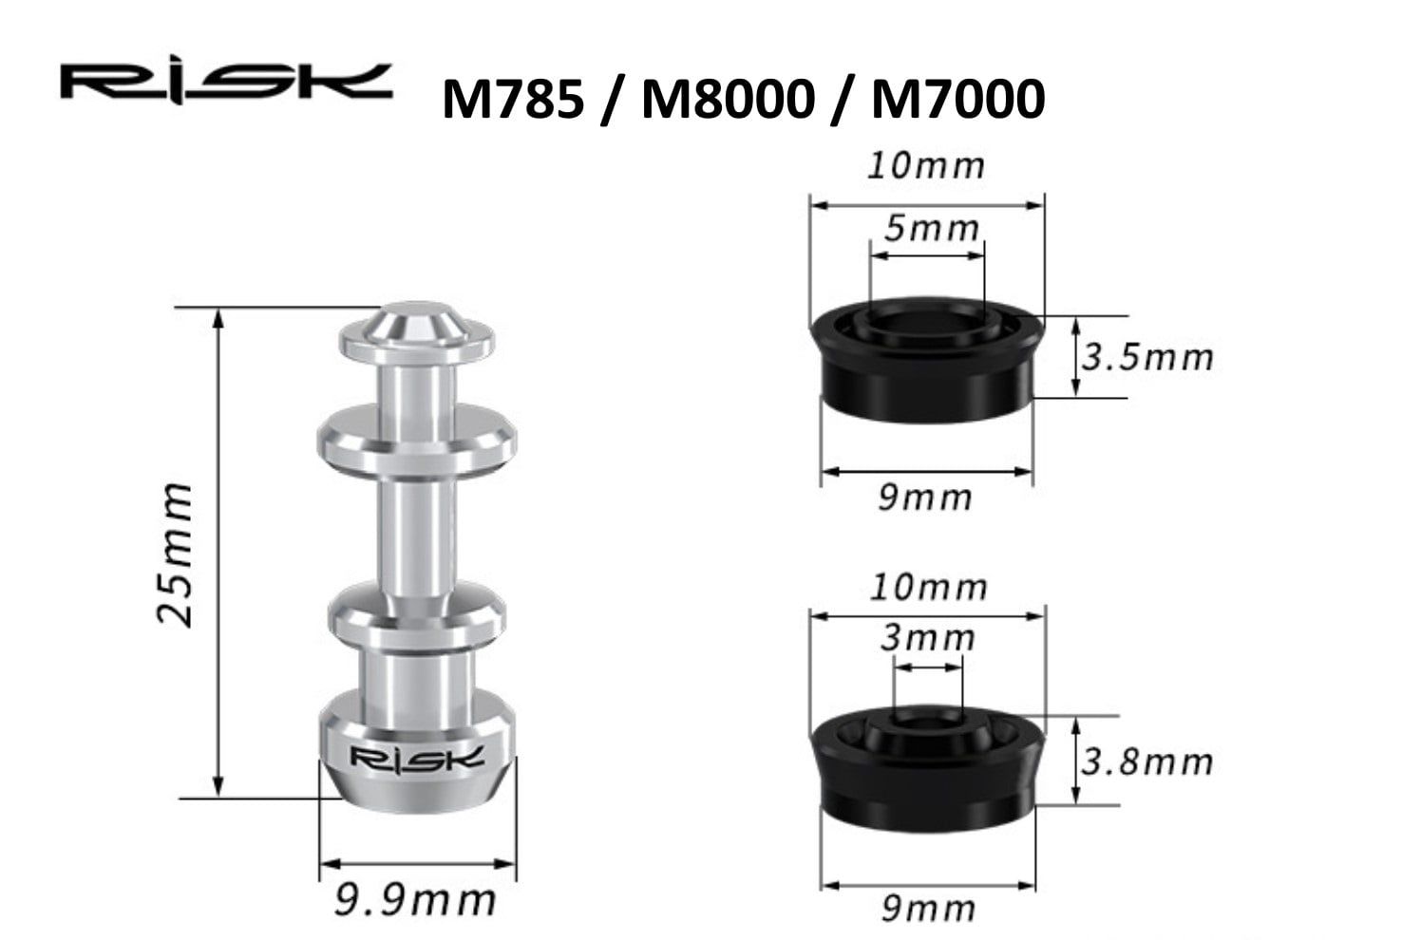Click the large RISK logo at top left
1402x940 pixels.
(225, 83)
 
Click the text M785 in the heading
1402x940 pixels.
(512, 99)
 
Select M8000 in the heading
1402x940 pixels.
(727, 99)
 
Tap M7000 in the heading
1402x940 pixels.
(957, 99)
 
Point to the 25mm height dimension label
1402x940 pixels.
(176, 554)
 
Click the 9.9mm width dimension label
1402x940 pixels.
(416, 899)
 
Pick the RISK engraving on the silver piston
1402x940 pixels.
(417, 758)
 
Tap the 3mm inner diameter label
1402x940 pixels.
(927, 637)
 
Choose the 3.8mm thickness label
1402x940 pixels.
(1147, 761)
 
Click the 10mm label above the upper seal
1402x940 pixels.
(926, 165)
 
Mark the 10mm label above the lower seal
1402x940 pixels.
(928, 587)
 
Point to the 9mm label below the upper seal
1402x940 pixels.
(925, 497)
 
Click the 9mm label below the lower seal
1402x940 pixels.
(927, 908)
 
